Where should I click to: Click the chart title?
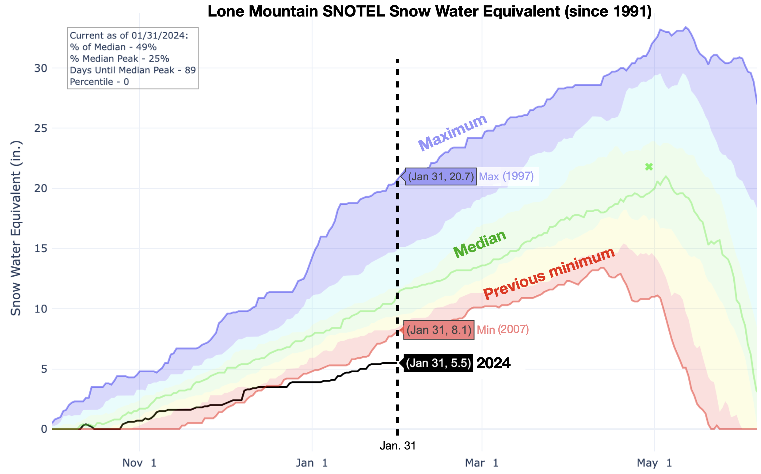coord(430,11)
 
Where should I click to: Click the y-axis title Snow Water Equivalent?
coord(16,228)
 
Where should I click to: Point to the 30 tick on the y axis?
coord(41,68)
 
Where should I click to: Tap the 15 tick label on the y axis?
coord(41,249)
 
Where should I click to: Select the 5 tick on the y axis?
coord(44,369)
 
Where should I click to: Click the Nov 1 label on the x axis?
coord(140,463)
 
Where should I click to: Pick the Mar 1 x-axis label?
coord(482,463)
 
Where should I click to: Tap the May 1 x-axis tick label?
coord(655,463)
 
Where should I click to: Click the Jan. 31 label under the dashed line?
coord(398,446)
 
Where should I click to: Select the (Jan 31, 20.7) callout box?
coord(441,177)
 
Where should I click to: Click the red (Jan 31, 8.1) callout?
coord(439,330)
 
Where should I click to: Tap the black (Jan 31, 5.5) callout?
coord(438,363)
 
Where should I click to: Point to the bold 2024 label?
coord(493,363)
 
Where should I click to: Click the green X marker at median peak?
coord(649,167)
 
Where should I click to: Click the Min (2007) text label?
coord(503,330)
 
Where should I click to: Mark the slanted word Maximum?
coord(453,133)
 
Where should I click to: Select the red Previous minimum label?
coord(549,273)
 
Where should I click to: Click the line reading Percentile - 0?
coord(99,82)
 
